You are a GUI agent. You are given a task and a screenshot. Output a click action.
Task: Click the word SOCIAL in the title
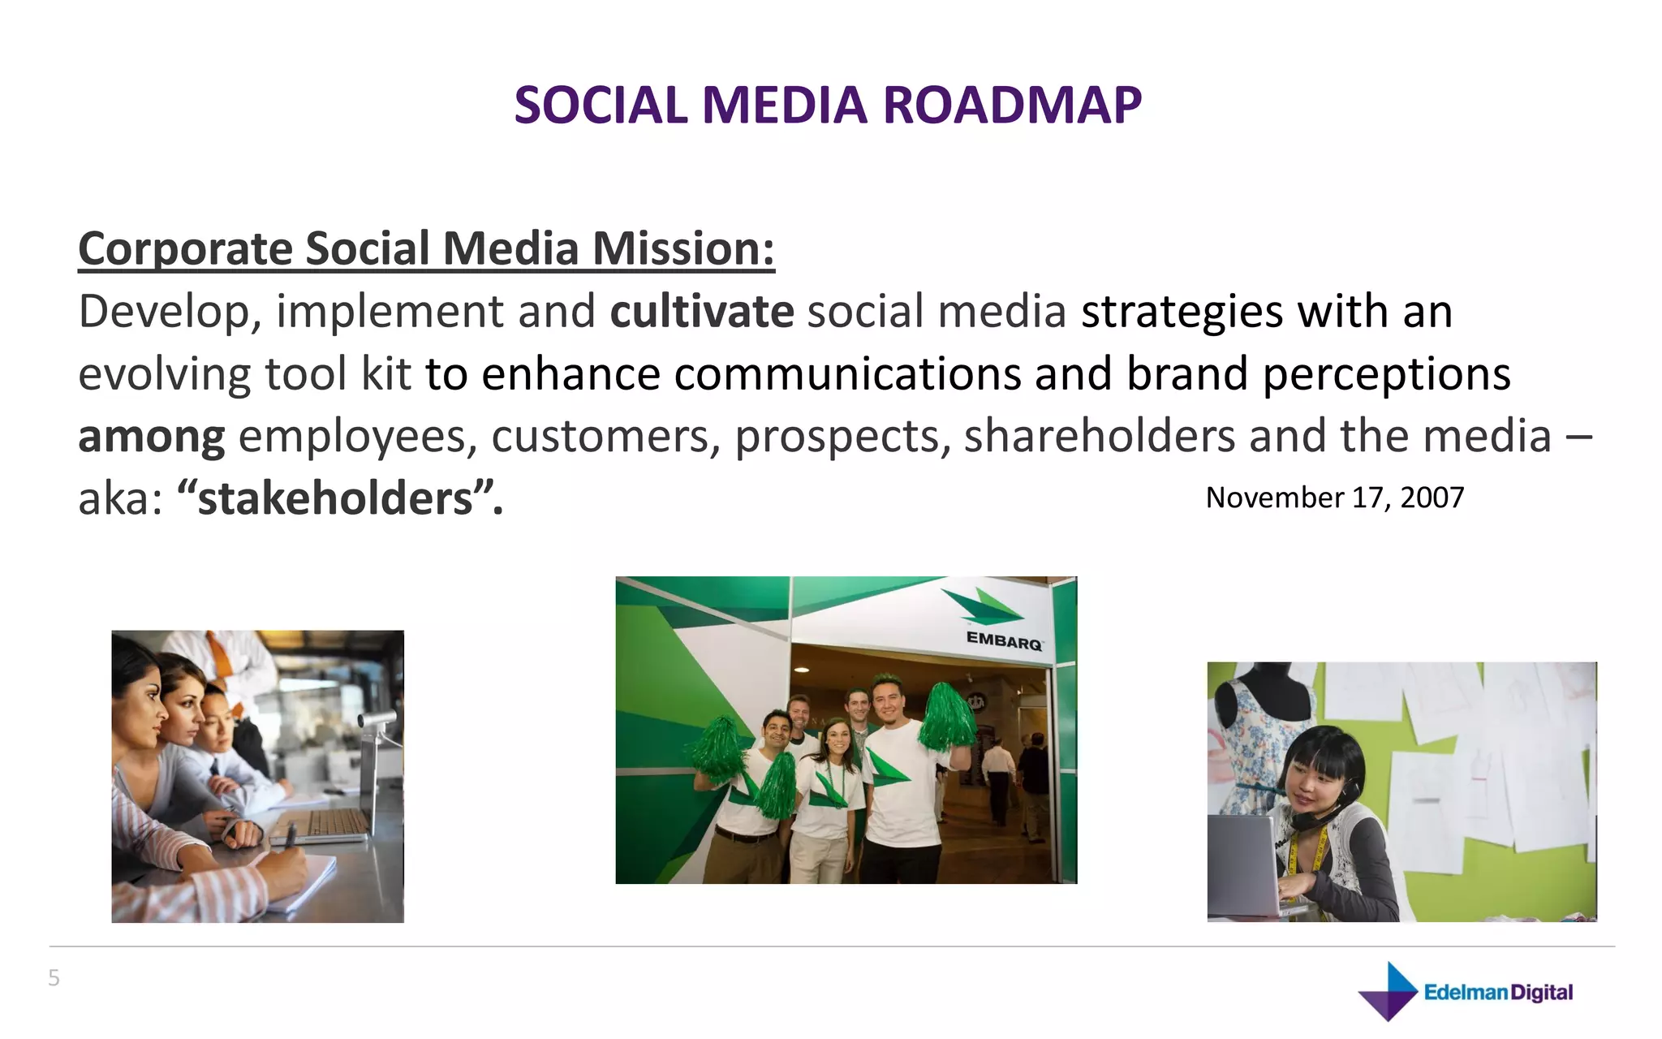point(601,106)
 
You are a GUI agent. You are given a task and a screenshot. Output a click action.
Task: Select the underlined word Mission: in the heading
point(682,248)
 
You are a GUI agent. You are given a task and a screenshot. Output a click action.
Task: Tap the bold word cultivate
point(701,312)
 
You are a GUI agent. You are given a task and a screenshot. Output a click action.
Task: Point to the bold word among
point(151,437)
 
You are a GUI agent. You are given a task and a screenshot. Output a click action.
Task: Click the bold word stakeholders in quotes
point(335,498)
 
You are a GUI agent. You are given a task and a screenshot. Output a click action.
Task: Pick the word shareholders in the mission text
point(1099,437)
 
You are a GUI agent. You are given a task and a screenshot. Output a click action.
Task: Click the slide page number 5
point(54,977)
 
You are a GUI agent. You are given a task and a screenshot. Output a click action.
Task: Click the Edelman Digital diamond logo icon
point(1389,991)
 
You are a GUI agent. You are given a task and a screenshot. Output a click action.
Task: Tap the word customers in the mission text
point(605,437)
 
